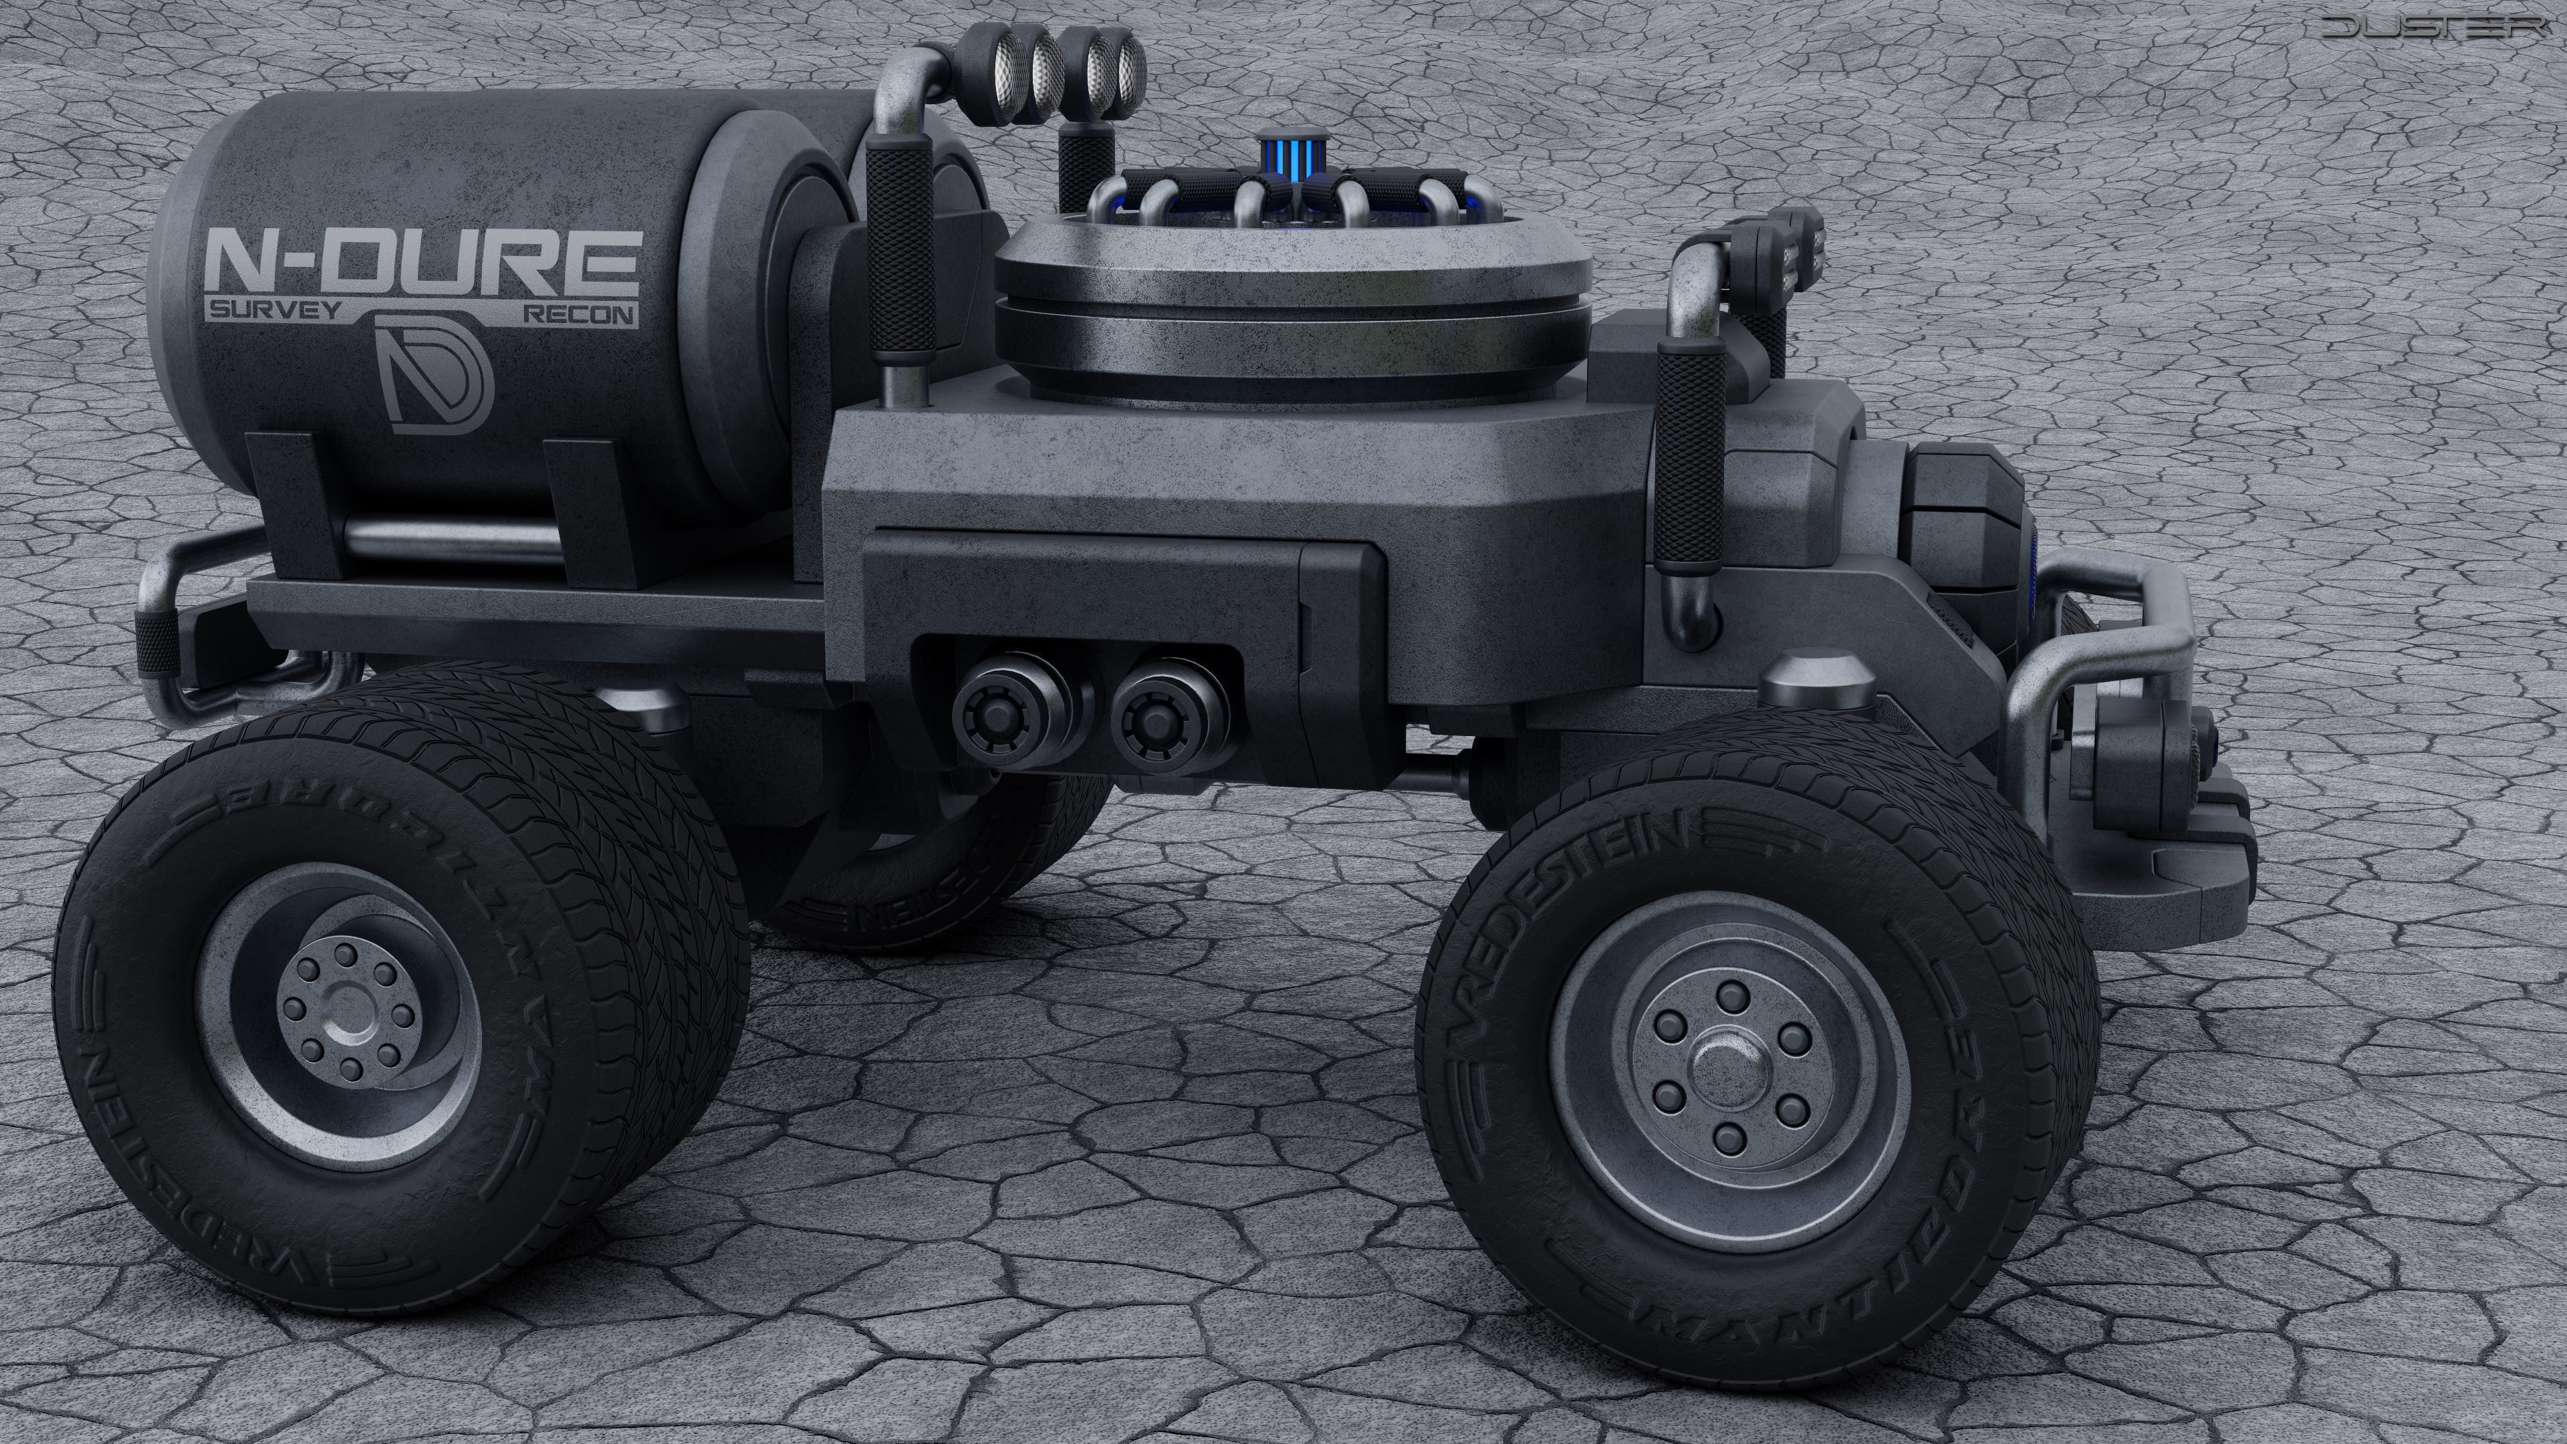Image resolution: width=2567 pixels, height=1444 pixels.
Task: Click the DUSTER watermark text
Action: (x=2441, y=29)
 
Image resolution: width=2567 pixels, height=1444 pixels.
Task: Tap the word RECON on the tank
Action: (x=579, y=314)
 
